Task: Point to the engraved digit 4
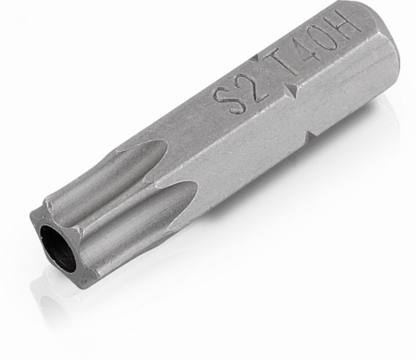point(302,49)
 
